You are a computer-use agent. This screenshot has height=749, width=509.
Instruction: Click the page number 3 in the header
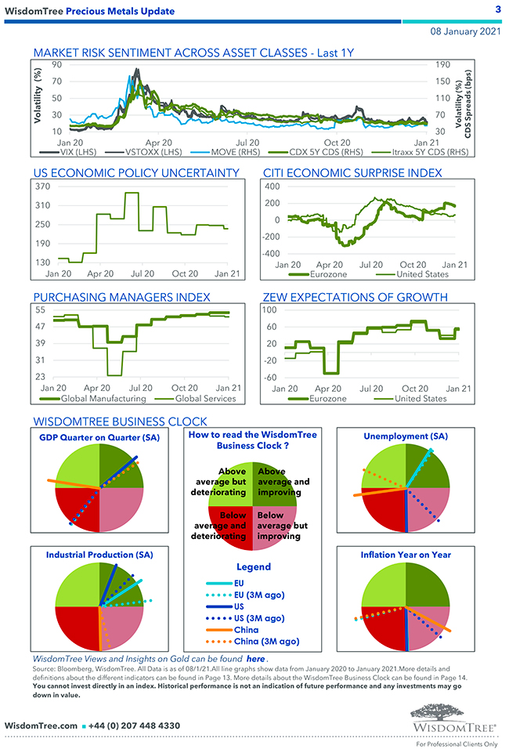pos(498,9)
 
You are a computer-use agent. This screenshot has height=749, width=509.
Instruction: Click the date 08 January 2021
pos(465,31)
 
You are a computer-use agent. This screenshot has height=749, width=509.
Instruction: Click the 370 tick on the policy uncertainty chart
pos(42,186)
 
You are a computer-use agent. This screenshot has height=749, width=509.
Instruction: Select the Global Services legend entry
pos(184,398)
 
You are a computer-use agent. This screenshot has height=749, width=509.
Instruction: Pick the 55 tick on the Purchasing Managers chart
pos(40,310)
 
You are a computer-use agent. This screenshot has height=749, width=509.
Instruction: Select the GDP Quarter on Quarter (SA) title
pos(99,437)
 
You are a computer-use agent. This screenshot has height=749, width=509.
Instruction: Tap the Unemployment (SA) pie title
pos(406,436)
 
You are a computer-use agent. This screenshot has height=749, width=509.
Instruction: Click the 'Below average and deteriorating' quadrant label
pos(220,526)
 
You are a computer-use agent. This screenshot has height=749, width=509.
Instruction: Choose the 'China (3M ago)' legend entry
pos(267,642)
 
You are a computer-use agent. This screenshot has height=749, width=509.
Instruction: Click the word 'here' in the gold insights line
pos(255,660)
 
